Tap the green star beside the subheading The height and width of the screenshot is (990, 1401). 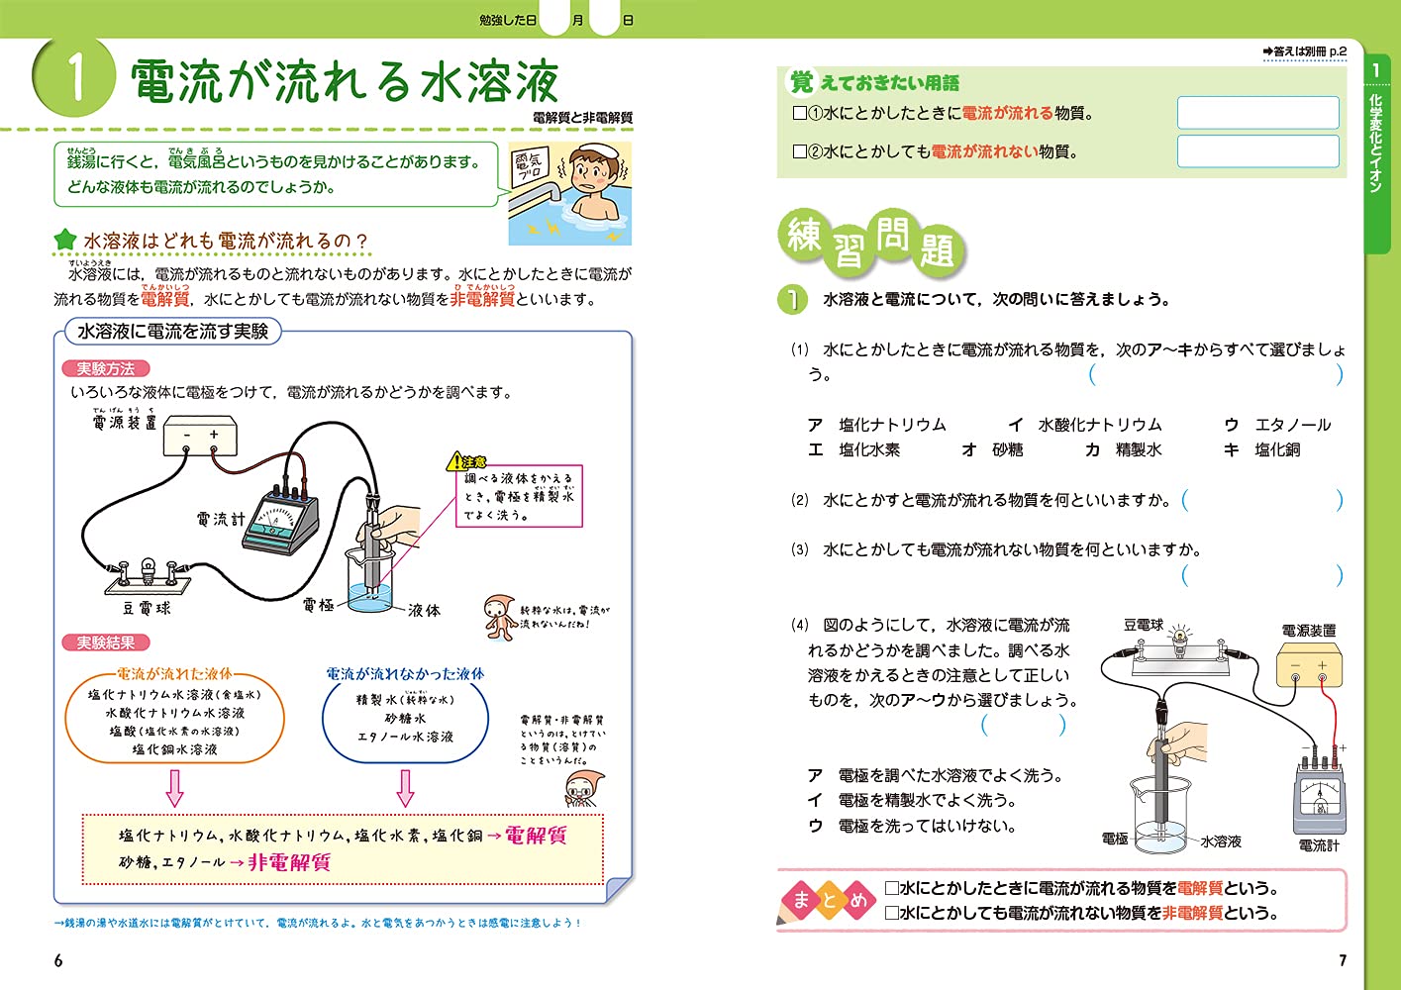64,240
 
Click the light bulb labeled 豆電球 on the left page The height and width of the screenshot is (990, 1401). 148,572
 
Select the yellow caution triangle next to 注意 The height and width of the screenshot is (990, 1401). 455,461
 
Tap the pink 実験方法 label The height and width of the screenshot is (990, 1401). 105,368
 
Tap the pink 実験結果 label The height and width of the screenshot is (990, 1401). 105,643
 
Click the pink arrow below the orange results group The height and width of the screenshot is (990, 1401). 174,787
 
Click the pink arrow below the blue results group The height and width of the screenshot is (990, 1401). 405,787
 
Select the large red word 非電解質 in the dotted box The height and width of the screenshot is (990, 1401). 289,862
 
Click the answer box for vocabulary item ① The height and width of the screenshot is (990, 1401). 1257,113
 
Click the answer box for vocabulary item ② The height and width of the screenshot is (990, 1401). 1257,151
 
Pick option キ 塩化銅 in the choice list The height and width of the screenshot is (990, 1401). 1262,449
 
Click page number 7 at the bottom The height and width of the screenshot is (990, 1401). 1343,960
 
